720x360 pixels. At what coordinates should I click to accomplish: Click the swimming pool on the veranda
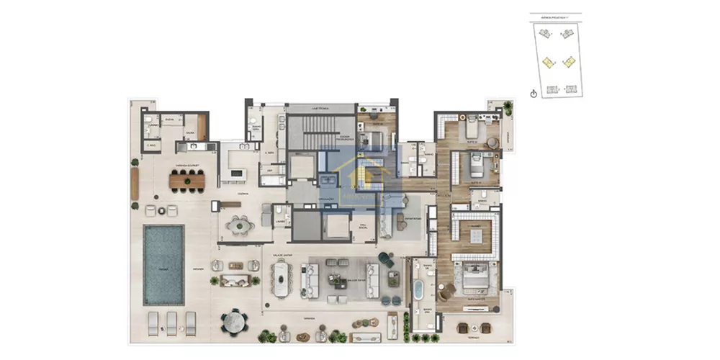[163, 263]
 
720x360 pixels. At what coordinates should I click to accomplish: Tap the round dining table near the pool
[233, 321]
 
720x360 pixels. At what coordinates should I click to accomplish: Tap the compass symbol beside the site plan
[533, 94]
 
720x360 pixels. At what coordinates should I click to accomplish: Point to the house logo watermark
[361, 176]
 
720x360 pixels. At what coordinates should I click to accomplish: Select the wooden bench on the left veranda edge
[135, 184]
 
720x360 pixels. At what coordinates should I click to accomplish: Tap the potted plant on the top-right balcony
[508, 108]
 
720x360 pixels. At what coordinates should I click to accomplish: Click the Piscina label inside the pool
[163, 265]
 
